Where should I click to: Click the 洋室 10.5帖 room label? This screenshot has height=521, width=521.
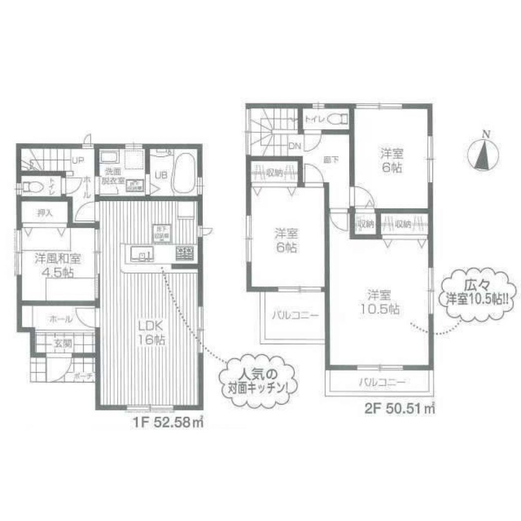379,302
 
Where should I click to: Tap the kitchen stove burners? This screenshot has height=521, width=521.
185,254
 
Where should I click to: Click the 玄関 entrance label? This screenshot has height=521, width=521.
61,343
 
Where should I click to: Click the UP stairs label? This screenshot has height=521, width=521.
78,160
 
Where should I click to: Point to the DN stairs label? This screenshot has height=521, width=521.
294,146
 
